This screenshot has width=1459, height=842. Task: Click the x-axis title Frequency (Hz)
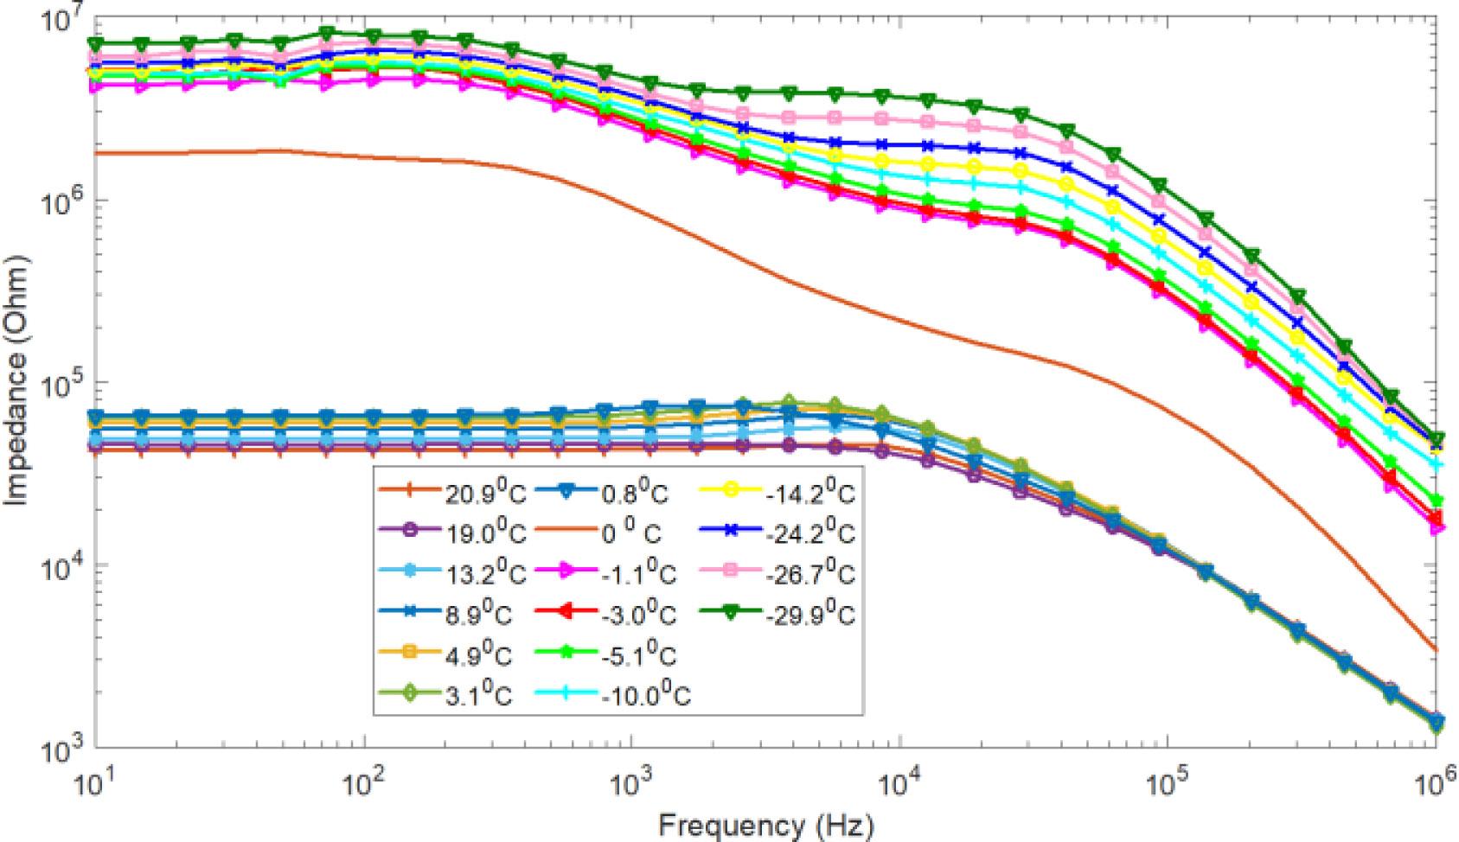pos(766,824)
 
